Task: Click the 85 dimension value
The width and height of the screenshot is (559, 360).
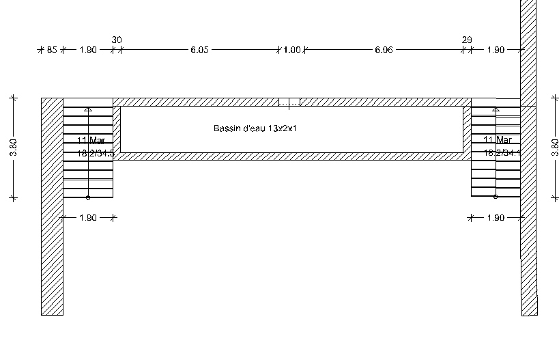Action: [x=51, y=50]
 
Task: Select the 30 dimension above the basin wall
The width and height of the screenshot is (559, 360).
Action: [x=117, y=40]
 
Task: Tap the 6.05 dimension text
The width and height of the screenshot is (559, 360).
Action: [x=199, y=50]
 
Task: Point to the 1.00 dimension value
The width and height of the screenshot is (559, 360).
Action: [x=293, y=50]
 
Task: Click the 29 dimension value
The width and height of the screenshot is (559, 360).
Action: [x=467, y=40]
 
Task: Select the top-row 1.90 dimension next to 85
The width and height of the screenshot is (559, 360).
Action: [x=88, y=50]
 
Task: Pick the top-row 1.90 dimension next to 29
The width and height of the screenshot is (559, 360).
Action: [x=496, y=50]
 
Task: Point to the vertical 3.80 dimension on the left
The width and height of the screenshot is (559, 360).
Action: [x=14, y=148]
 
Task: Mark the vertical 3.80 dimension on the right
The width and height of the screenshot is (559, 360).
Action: [x=554, y=148]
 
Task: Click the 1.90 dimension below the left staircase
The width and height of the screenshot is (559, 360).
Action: [x=88, y=218]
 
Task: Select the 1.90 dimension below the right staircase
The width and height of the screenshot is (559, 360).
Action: [x=496, y=218]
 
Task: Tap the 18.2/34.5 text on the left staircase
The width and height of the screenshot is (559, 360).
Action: [x=96, y=154]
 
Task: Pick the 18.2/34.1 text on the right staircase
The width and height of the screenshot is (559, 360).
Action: [x=502, y=154]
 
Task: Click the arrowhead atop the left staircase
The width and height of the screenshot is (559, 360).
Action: [x=87, y=108]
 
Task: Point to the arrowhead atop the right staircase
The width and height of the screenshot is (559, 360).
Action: [x=496, y=108]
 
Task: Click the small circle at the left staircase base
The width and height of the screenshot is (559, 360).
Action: [x=87, y=197]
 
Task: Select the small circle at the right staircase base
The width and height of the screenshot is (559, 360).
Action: [x=496, y=197]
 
